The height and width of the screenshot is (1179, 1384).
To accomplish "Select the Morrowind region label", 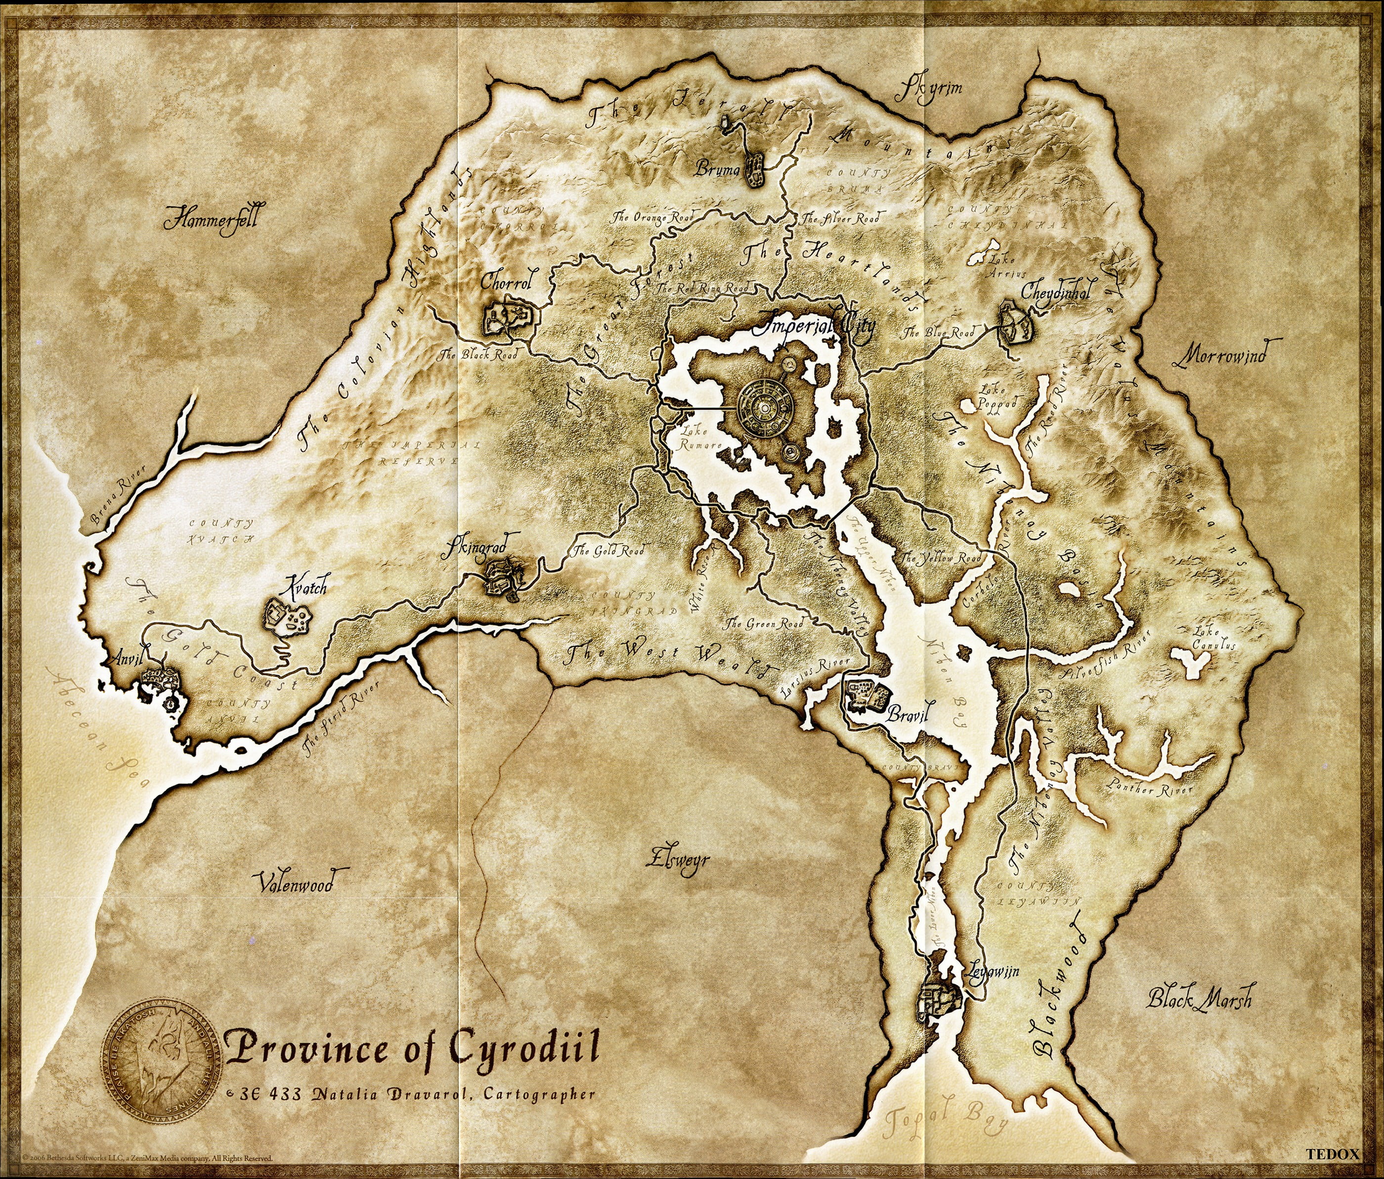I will (1219, 355).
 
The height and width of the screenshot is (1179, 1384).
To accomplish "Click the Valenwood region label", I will (295, 883).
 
